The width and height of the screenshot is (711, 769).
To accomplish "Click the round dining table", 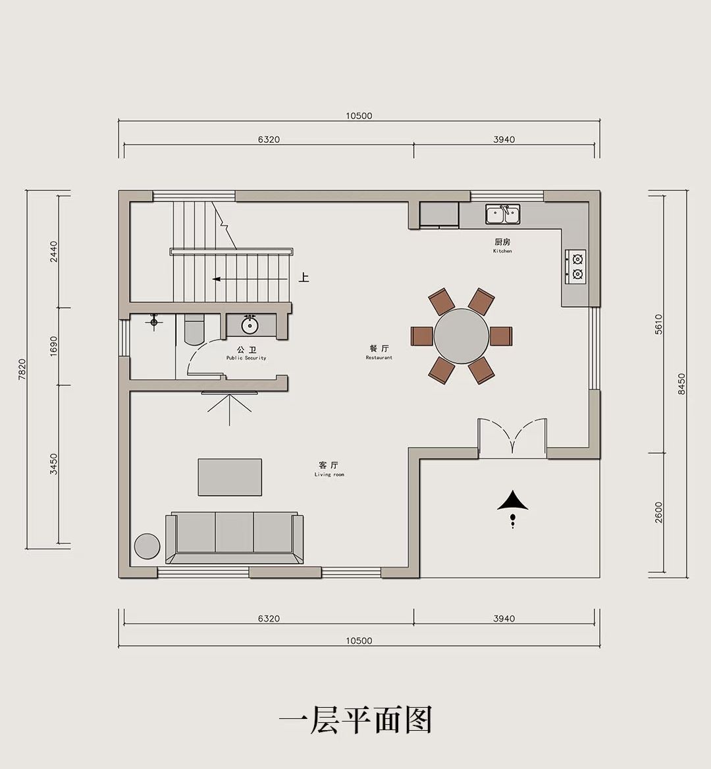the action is pos(461,336).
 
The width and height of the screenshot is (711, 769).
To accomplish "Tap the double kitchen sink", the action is pos(503,215).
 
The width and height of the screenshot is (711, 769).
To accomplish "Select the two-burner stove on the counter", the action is pos(575,267).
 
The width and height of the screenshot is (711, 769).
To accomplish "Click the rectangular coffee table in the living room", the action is pos(230,477).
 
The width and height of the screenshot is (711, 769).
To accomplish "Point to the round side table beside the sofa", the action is pos(147,546).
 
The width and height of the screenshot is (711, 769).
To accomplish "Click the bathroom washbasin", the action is pos(250,325).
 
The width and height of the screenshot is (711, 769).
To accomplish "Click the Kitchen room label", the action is pos(502,245).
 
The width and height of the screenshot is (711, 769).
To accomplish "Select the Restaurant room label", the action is pos(379,352).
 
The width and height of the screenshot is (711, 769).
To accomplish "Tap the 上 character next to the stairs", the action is pos(304,278).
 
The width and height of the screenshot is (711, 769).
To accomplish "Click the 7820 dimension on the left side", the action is pos(22,369).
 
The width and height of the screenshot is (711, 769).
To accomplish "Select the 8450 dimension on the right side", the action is pos(682,384).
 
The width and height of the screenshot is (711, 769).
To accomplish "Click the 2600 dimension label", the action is pos(658,512).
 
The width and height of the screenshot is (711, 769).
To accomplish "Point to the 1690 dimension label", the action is pos(53,346).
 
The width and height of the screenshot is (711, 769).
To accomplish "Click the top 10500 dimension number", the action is pos(359,116).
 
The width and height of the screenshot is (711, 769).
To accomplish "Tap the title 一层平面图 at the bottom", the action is pos(355,720).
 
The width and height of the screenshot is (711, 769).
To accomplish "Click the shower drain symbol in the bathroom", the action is pos(154,322).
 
